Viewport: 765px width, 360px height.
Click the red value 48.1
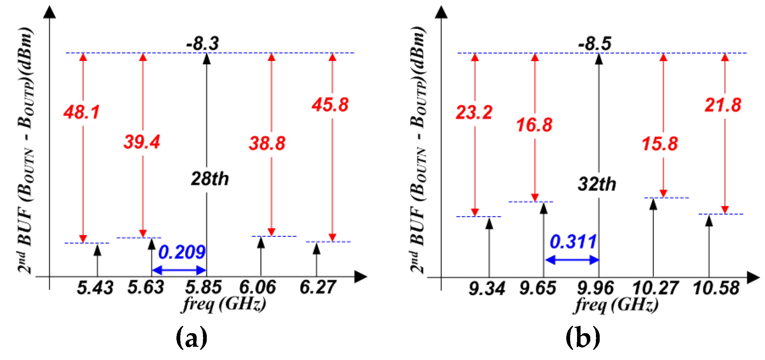click(82, 112)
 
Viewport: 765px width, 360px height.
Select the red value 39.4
click(142, 142)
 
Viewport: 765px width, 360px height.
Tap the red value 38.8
click(267, 143)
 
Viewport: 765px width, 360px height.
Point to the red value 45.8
click(330, 105)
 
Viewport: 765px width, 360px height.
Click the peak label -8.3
click(203, 44)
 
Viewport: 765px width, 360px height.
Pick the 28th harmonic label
click(210, 179)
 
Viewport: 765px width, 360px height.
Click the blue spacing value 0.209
click(182, 252)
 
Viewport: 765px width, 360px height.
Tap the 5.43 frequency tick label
click(95, 288)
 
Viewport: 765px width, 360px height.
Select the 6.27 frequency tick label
click(318, 288)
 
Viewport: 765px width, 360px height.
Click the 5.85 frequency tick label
click(203, 288)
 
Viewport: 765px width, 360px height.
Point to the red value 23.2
click(474, 113)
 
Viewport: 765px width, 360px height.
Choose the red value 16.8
click(534, 125)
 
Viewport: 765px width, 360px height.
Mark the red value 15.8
click(660, 144)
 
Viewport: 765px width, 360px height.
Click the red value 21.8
click(723, 105)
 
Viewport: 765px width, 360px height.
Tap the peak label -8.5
click(595, 44)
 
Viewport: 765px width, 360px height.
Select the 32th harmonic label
click(597, 184)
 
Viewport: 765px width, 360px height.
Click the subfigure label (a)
click(192, 337)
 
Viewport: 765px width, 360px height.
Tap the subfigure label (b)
click(583, 337)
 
